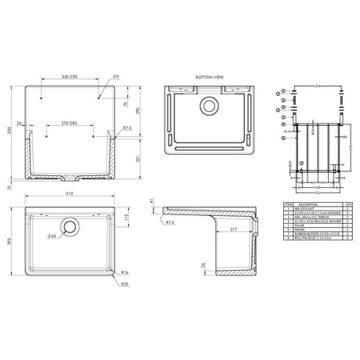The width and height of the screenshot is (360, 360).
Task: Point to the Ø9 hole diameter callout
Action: [x=115, y=77]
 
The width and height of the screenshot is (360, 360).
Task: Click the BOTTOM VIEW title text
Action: [x=210, y=77]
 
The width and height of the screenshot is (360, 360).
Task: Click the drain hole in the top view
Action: [x=70, y=228]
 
